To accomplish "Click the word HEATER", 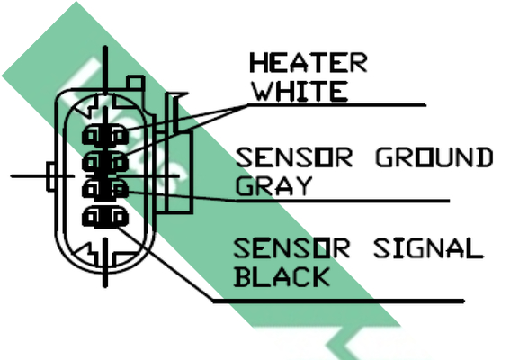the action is (309, 62).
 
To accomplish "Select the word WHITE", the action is (300, 91).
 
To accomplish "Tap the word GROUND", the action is (434, 157).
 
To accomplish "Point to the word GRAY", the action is (273, 186).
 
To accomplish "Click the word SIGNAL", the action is (429, 248).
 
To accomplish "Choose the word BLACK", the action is (282, 277).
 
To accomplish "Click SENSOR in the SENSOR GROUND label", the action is (294, 157).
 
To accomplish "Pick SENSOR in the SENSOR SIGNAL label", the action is (291, 248).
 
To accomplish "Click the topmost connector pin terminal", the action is (105, 135).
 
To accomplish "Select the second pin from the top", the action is (105, 161).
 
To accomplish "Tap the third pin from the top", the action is (105, 189).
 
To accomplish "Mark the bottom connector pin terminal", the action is (105, 217).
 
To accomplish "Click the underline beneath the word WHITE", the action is (337, 105).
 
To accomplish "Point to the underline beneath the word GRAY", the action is (343, 202).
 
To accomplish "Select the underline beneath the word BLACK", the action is (338, 301).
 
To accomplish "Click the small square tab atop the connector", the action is (135, 82).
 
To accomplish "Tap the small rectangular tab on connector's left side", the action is (51, 176).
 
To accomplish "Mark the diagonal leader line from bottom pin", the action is (165, 263).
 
